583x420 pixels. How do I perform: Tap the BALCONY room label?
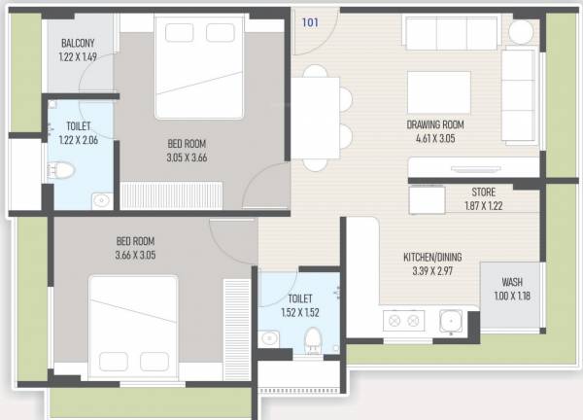(x=78, y=44)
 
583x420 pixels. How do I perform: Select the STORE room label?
(x=484, y=192)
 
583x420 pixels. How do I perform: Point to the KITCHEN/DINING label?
(x=439, y=258)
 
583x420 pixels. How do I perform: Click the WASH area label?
(x=511, y=283)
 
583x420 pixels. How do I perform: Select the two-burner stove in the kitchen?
(x=402, y=319)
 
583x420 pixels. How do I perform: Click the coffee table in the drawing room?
(x=431, y=91)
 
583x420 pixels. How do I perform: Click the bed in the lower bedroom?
(x=134, y=325)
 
